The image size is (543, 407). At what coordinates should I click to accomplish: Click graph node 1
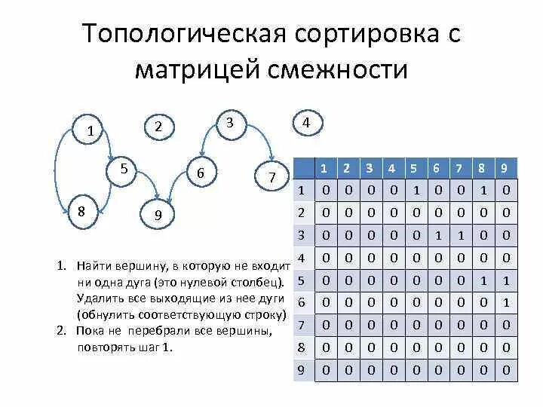(90, 130)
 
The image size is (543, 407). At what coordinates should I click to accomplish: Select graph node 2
(158, 127)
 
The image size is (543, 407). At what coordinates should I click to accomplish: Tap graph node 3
(230, 123)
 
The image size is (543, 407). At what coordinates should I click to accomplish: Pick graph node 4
(305, 122)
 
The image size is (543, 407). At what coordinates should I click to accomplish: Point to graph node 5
(124, 169)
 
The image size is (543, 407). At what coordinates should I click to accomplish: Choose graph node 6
(201, 173)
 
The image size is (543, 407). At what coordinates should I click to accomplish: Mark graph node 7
(272, 177)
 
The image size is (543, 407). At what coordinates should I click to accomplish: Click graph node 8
(81, 210)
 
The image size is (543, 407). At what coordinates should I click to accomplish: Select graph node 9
(158, 216)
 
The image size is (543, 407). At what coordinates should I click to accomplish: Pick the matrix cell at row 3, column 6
(437, 235)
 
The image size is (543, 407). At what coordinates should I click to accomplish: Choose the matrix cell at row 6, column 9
(506, 302)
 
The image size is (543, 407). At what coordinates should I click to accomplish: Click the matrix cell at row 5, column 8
(483, 280)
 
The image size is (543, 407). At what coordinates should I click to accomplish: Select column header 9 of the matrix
(506, 168)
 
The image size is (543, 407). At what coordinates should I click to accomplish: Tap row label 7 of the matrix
(302, 325)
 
